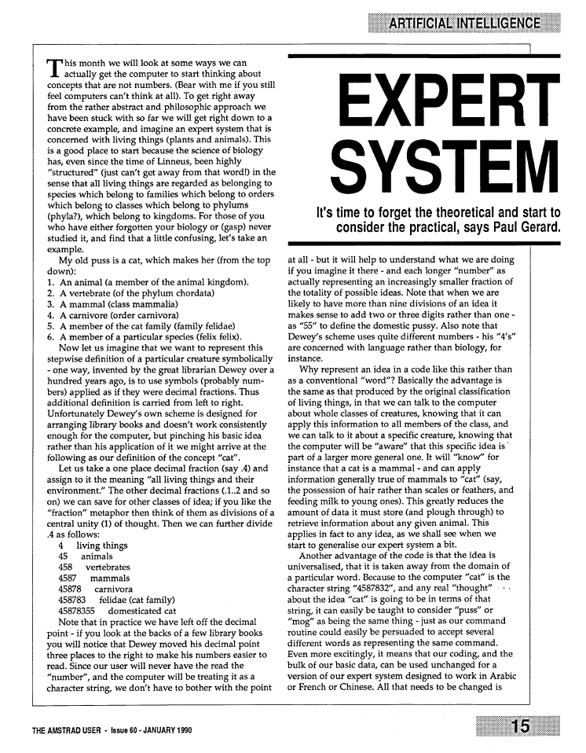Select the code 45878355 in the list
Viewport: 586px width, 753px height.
coord(76,611)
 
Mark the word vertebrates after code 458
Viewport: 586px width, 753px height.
coord(108,567)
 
